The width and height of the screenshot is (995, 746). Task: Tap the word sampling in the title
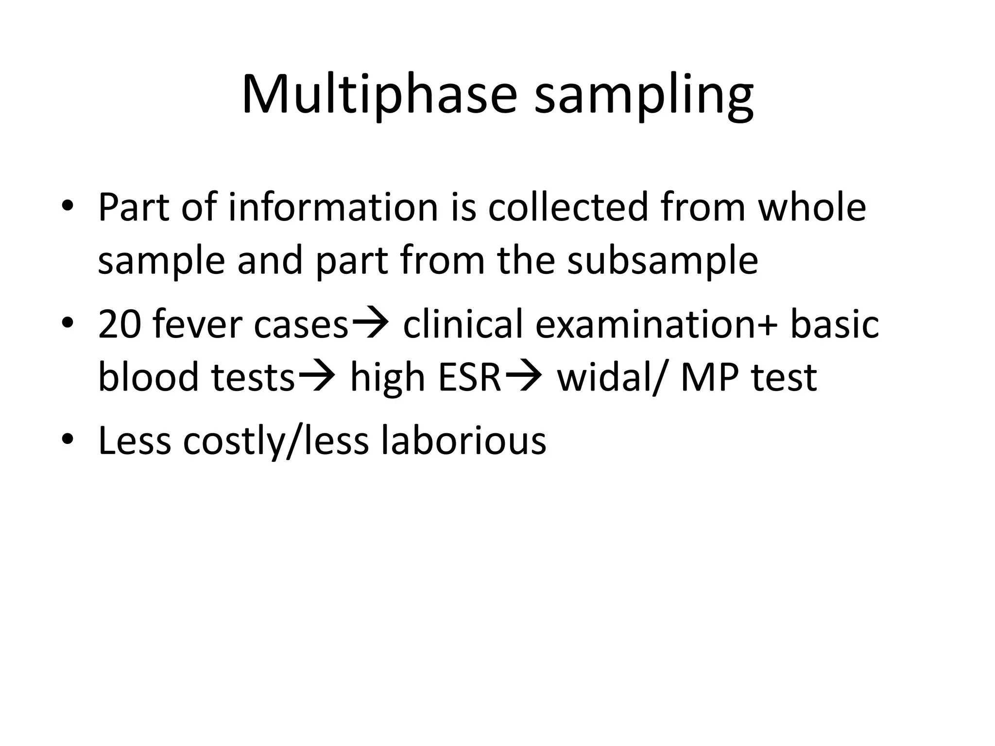(x=644, y=97)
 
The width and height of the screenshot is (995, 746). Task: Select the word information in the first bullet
(x=333, y=207)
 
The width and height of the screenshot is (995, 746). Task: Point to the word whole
(x=812, y=207)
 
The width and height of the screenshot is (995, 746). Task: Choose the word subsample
(x=663, y=261)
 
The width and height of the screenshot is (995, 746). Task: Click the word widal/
(x=612, y=377)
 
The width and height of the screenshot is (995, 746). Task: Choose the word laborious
(x=463, y=440)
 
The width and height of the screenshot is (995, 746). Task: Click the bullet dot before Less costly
(x=68, y=440)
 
